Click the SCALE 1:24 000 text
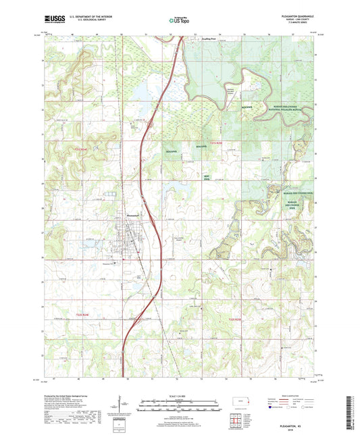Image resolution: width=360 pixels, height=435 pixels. [179, 394]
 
